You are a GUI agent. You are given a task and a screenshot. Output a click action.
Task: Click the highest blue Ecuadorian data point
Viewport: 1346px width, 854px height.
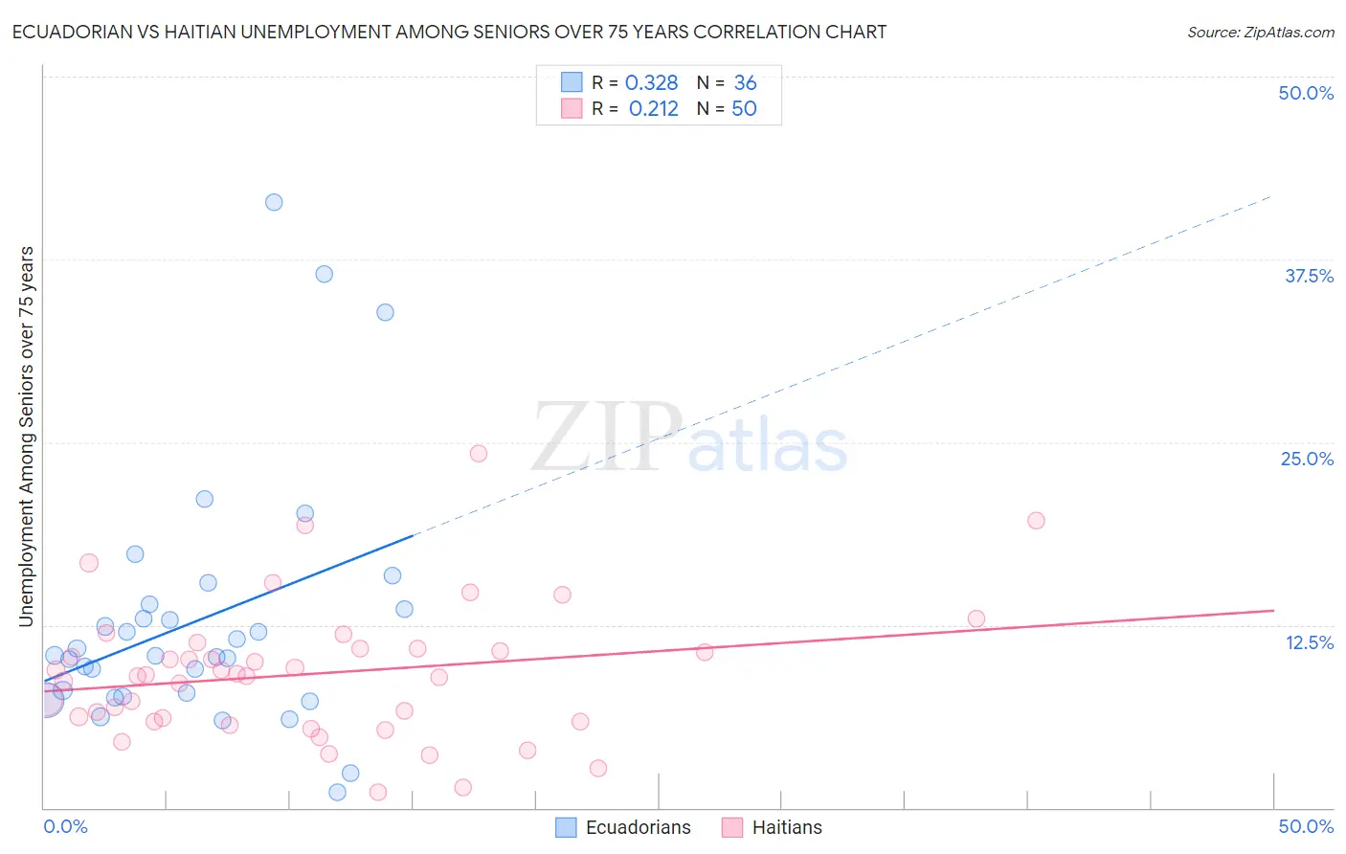(274, 202)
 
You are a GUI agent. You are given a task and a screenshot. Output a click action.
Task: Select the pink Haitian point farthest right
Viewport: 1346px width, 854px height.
(1036, 521)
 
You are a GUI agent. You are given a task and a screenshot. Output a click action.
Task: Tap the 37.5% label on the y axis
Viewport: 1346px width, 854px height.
(1309, 276)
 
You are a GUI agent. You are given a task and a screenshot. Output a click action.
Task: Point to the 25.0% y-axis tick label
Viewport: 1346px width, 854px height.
(1307, 459)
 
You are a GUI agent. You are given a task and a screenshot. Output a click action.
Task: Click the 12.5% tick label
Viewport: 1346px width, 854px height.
(1309, 642)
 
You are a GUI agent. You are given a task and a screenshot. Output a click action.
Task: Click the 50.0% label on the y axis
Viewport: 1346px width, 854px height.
(1306, 93)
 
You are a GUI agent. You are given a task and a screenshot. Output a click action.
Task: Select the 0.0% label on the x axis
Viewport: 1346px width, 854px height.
(65, 826)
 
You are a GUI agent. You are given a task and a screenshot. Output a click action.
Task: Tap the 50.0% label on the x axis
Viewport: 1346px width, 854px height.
(1306, 826)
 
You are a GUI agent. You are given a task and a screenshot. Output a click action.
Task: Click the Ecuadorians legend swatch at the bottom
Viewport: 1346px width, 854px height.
(567, 827)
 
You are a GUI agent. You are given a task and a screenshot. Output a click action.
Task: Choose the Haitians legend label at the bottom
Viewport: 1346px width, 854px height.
(787, 827)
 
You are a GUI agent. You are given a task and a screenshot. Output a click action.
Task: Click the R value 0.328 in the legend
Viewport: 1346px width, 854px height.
(651, 83)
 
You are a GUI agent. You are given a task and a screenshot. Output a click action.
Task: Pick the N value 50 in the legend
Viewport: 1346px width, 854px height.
(744, 109)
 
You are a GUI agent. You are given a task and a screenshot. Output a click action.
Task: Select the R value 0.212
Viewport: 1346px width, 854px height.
(653, 109)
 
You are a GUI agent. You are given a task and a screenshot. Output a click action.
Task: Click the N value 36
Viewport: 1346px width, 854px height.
(745, 83)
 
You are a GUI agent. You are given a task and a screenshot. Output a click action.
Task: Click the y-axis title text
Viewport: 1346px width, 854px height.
(27, 437)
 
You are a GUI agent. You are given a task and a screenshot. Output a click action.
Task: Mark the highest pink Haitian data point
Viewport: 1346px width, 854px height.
(479, 454)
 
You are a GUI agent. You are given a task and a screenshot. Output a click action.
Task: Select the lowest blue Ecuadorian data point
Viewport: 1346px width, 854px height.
(337, 792)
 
